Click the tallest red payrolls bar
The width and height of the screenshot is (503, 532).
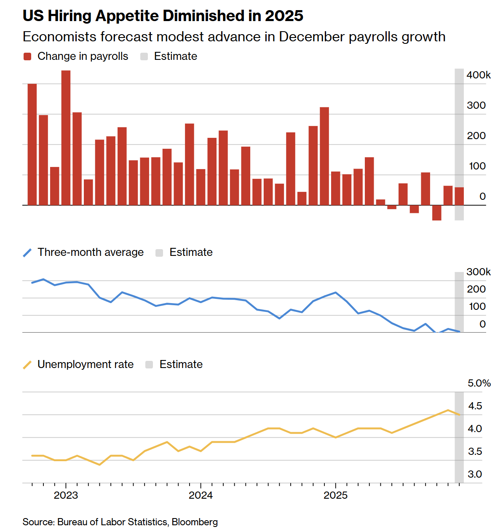coord(66,137)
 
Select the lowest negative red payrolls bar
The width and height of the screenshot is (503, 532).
coord(436,213)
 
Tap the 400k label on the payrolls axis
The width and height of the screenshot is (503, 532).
coord(479,75)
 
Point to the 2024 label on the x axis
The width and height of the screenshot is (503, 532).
coord(201,495)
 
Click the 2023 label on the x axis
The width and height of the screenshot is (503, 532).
coord(66,495)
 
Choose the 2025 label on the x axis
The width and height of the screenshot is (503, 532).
coord(335,495)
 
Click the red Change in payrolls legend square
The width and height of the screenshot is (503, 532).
coord(27,56)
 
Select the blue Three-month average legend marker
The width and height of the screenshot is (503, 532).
coord(27,253)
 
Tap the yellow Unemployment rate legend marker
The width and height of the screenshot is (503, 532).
coord(27,365)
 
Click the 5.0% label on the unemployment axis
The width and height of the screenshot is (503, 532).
coord(479,383)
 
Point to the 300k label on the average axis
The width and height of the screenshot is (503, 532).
coord(479,272)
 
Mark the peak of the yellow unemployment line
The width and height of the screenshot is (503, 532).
coord(448,410)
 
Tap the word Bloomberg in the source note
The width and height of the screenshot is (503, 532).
coord(195,522)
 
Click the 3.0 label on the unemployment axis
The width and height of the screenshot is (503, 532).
coord(475,474)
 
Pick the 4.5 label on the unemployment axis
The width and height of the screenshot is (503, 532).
coord(475,406)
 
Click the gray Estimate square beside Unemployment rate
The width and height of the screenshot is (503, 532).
coord(149,365)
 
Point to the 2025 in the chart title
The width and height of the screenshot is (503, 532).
coord(284,16)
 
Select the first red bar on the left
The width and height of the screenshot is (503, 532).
coord(32,144)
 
